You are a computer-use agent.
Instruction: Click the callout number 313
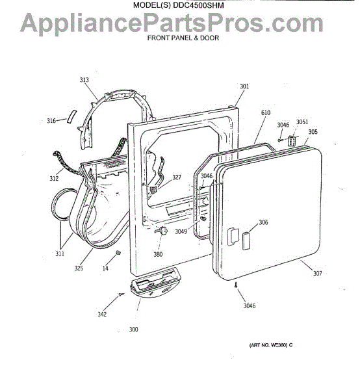[84, 80]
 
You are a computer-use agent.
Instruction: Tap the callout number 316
[51, 121]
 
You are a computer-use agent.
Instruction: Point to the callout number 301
[244, 86]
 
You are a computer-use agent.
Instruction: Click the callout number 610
[266, 112]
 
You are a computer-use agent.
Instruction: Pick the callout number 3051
[302, 122]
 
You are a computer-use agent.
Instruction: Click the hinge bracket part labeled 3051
[291, 141]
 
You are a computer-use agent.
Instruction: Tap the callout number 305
[313, 131]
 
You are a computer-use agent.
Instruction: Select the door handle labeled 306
[246, 240]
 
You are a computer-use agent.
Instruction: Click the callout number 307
[318, 273]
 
